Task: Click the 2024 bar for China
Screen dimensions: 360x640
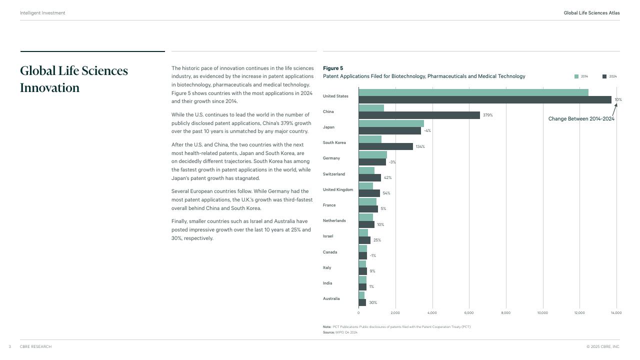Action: coord(419,115)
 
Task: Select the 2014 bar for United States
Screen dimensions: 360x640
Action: coord(473,92)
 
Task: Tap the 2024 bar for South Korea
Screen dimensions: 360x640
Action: coord(385,146)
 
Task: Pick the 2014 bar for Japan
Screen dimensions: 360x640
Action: coord(391,123)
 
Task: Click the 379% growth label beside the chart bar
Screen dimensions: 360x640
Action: coord(487,115)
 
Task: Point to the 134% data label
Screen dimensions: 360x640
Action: coord(420,146)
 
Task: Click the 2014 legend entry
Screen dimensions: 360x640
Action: coord(581,76)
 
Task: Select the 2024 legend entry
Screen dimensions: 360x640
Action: coord(609,76)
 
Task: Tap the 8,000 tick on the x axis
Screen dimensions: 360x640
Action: coord(505,313)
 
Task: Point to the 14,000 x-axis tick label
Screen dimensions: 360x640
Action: coord(616,313)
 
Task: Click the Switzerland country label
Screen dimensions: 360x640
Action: coord(333,174)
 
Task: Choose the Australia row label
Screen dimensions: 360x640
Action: coord(331,298)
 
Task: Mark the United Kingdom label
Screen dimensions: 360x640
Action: coord(338,189)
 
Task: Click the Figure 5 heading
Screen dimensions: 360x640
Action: coord(333,68)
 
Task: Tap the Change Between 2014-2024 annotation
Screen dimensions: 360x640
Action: coord(581,119)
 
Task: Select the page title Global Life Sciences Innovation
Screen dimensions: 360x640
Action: coord(74,79)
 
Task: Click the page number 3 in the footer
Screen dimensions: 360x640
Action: coord(9,346)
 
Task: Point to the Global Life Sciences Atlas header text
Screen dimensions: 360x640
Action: coord(591,13)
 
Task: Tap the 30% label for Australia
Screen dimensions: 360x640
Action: coord(373,302)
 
